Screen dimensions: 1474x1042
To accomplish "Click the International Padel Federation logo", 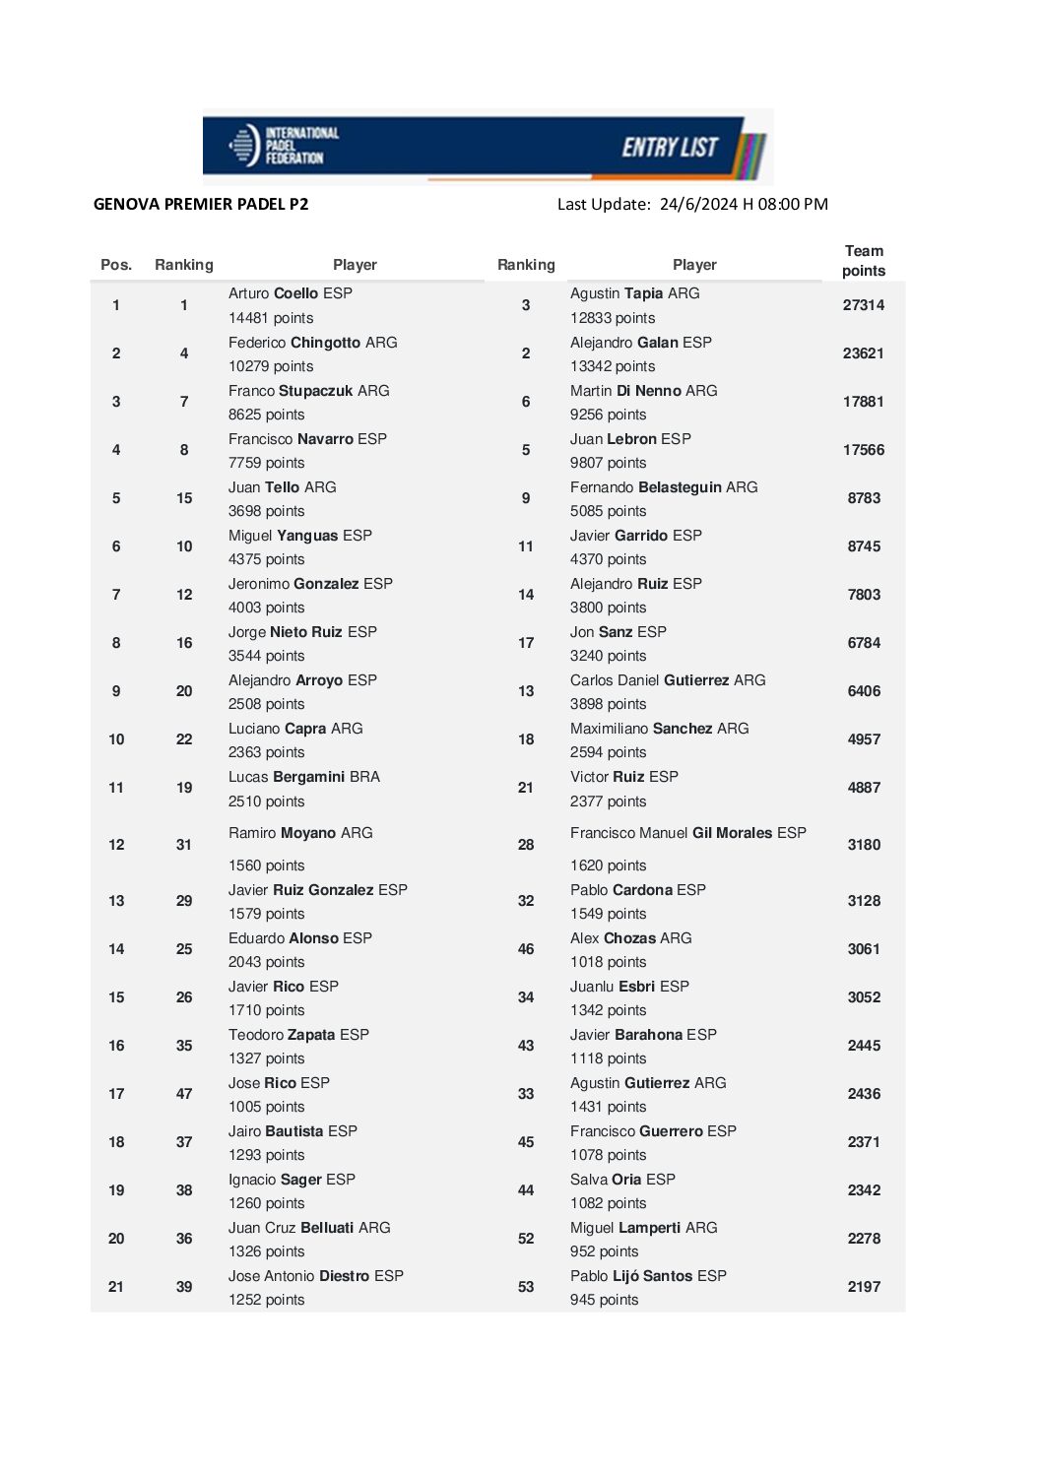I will [x=284, y=146].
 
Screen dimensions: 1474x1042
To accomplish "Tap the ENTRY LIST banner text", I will [x=670, y=148].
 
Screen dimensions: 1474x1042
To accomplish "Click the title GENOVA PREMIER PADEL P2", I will [x=201, y=205].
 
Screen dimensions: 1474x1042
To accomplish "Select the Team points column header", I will [x=864, y=261].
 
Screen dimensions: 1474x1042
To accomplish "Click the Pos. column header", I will [x=116, y=265].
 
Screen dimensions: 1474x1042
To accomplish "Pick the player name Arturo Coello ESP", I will [x=291, y=293].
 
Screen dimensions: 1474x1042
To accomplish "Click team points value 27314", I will [x=864, y=305].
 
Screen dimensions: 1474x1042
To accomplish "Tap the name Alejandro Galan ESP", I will [x=640, y=343].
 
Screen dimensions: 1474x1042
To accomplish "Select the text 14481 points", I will [x=271, y=318].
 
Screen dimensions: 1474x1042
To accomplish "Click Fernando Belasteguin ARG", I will [x=664, y=487].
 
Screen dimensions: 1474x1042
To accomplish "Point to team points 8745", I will [x=864, y=546].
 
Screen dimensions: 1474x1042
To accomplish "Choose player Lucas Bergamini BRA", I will [x=304, y=777].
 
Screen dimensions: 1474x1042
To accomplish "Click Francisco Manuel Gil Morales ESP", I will [x=687, y=833].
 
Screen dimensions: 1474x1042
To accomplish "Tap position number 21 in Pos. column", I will [x=116, y=1287].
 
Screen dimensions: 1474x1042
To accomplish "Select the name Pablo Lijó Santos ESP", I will [x=648, y=1276].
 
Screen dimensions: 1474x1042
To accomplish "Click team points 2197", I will [x=864, y=1287].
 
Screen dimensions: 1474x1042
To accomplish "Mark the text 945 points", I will [x=604, y=1300].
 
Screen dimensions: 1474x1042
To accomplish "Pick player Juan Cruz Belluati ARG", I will [x=309, y=1228].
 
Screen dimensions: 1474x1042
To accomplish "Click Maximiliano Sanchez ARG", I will [x=659, y=729].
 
